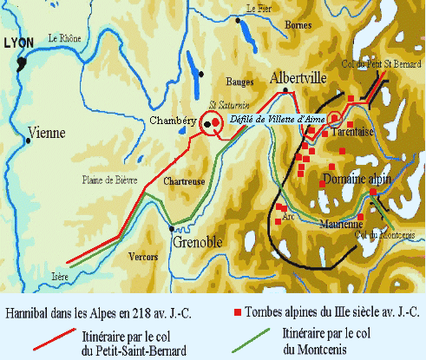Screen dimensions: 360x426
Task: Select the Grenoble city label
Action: click(198, 241)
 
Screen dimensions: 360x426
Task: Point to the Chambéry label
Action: click(171, 121)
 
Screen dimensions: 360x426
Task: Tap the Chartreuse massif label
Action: click(184, 182)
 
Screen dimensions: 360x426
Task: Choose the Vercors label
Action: click(140, 257)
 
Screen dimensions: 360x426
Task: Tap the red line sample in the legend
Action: click(56, 338)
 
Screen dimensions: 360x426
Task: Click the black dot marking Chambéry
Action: click(207, 124)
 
